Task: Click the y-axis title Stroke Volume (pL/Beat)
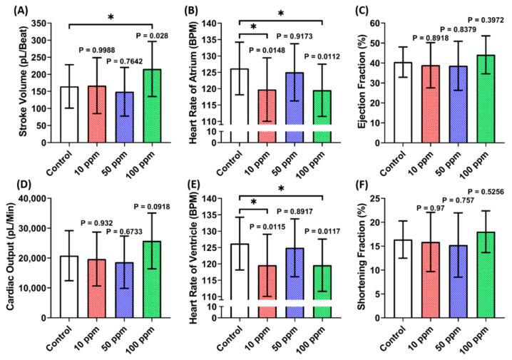(14, 82)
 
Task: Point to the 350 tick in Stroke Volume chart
(40, 24)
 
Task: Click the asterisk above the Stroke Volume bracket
(111, 17)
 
